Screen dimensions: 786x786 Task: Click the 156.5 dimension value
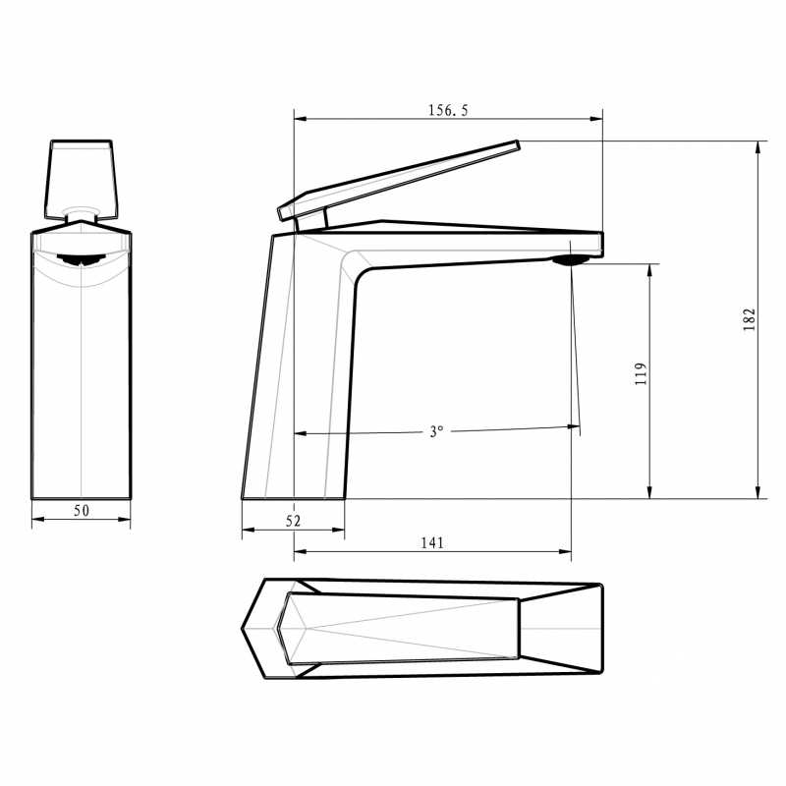click(x=448, y=110)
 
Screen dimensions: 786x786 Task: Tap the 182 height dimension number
click(x=749, y=319)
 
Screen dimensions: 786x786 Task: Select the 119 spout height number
click(x=641, y=374)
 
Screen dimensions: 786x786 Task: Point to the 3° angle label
click(x=436, y=431)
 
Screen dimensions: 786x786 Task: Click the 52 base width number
click(x=293, y=521)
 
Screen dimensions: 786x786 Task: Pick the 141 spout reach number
click(x=432, y=542)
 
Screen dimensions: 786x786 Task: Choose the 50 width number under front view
click(x=82, y=510)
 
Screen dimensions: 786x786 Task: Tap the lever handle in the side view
click(x=399, y=180)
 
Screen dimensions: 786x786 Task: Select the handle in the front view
click(x=82, y=180)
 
